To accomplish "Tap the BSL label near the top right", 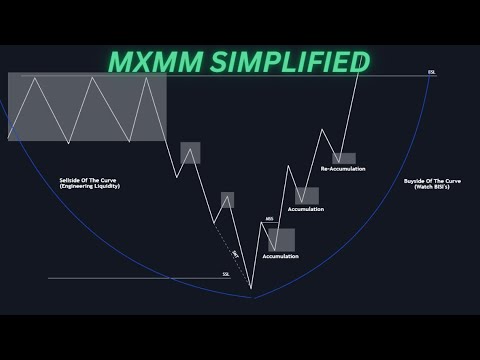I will (431, 72).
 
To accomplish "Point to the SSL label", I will (226, 273).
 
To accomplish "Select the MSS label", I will (268, 217).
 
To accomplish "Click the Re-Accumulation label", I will (343, 169).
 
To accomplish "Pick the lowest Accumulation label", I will (281, 256).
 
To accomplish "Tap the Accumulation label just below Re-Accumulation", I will (305, 209).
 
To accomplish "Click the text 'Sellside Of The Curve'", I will (88, 181).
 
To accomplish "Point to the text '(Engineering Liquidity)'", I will (88, 188).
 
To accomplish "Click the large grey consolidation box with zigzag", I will (86, 107).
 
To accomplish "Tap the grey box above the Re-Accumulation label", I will (344, 158).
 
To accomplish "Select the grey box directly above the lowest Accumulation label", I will (281, 240).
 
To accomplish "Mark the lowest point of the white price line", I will (251, 296).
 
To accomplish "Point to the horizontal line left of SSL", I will (130, 278).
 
